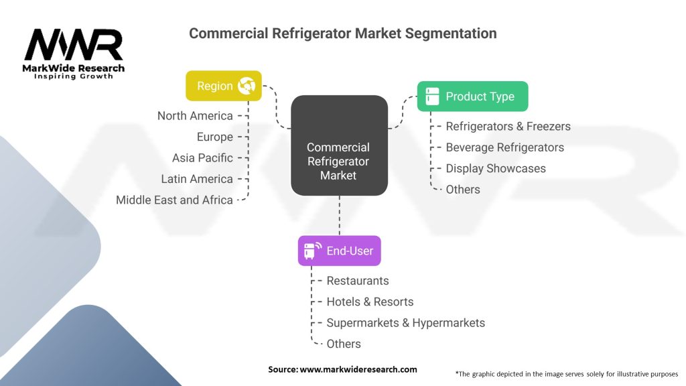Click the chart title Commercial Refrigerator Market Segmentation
pyautogui.click(x=342, y=33)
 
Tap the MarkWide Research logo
pyautogui.click(x=74, y=54)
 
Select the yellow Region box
pyautogui.click(x=224, y=86)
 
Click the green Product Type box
pyautogui.click(x=472, y=96)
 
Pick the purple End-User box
pyautogui.click(x=339, y=251)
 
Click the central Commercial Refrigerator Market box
pyautogui.click(x=339, y=161)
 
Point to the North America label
pyautogui.click(x=195, y=116)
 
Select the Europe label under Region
pyautogui.click(x=214, y=137)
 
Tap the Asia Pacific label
pyautogui.click(x=202, y=158)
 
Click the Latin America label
pyautogui.click(x=197, y=179)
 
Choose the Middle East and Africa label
pyautogui.click(x=174, y=200)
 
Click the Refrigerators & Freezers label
pyautogui.click(x=508, y=126)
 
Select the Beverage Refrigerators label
pyautogui.click(x=504, y=147)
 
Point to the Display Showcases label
pyautogui.click(x=496, y=168)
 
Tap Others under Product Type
pyautogui.click(x=463, y=190)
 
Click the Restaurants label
pyautogui.click(x=357, y=281)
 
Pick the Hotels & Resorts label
pyautogui.click(x=370, y=302)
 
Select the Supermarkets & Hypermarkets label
pyautogui.click(x=405, y=323)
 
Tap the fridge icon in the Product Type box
pyautogui.click(x=433, y=96)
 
